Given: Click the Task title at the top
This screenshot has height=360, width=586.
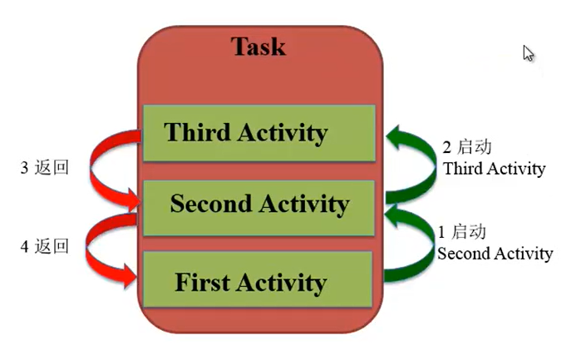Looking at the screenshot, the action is [259, 47].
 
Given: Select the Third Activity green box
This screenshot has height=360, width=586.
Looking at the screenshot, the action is [259, 133].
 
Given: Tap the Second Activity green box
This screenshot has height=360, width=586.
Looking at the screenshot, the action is [259, 208].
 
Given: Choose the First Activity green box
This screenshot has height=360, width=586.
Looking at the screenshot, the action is [258, 279].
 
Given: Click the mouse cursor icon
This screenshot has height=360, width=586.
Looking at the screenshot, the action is [528, 53].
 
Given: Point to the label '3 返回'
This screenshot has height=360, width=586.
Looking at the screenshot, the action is [45, 167].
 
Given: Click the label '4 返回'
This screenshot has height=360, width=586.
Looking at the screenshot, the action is [45, 246].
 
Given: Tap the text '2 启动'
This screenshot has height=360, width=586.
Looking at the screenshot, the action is [467, 147].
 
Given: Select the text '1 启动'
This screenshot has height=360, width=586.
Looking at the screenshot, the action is [462, 232].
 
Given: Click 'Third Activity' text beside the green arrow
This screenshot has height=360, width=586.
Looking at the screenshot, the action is [494, 169].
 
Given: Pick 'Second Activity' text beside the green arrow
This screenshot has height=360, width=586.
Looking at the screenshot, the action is [495, 254].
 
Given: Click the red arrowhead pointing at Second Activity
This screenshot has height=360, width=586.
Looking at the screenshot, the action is [134, 200].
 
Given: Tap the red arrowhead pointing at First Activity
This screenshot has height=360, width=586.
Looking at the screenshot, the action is [130, 276].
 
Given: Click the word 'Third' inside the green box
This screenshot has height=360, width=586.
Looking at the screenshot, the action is [197, 132].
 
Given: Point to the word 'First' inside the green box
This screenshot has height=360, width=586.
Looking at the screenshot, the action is [202, 282].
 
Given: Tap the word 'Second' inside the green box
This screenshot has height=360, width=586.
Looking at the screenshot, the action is [211, 204].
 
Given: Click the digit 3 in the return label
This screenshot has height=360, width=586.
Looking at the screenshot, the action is [24, 168].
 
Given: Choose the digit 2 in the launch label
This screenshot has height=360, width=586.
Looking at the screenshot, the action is [446, 148].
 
